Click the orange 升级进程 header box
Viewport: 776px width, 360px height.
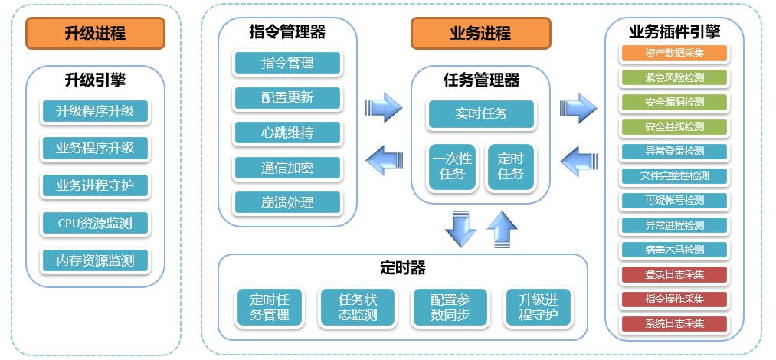(95, 33)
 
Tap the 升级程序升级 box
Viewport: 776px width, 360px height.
(95, 111)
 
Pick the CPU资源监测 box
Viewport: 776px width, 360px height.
(95, 224)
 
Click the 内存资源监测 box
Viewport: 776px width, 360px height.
(95, 260)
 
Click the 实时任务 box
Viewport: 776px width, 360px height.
(481, 114)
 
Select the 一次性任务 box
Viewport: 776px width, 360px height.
(451, 166)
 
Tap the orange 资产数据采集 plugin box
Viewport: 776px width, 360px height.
(674, 54)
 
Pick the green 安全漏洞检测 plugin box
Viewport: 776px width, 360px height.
(674, 102)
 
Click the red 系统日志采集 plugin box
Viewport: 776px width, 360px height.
(674, 323)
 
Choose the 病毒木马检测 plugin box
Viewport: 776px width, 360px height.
(674, 250)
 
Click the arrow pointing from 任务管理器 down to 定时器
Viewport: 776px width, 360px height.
(460, 229)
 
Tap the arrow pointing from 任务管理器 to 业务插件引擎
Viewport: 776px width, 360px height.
(578, 106)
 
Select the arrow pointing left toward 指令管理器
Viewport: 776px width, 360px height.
(384, 161)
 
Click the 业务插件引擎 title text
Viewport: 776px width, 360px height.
(674, 31)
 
